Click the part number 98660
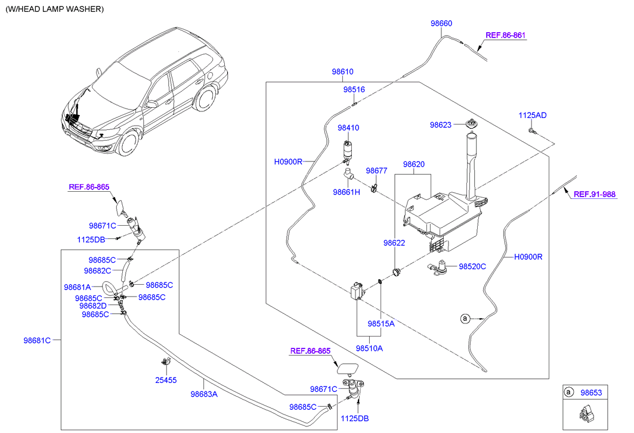tap(441, 23)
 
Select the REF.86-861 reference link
tap(505, 35)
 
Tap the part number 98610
tap(342, 71)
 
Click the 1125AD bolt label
tap(533, 115)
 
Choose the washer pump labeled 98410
tap(347, 152)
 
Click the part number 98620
tap(414, 164)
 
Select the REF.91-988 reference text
tap(595, 194)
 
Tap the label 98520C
tap(472, 266)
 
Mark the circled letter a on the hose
tap(465, 319)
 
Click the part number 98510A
tap(369, 348)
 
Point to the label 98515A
tap(381, 323)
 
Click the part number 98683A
tap(204, 394)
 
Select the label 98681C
tap(37, 340)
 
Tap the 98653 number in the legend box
tap(591, 392)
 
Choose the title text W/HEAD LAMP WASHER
tap(55, 9)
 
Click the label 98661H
tap(347, 192)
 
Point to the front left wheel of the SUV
tap(129, 142)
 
